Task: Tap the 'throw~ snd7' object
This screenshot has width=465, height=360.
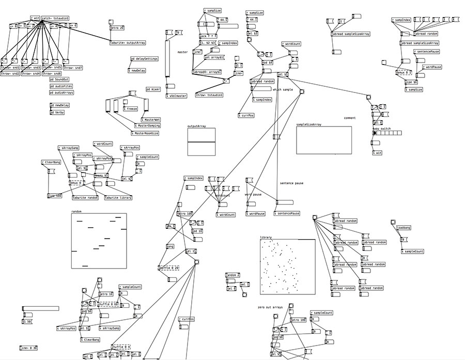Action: coord(72,68)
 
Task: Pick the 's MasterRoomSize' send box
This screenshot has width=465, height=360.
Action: coord(146,133)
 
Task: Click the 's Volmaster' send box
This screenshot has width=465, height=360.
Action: coord(176,96)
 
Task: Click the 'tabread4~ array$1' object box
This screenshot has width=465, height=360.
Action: coord(207,72)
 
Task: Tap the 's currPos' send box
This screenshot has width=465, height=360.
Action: coord(245,115)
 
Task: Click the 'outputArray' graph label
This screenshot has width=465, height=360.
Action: coord(197,126)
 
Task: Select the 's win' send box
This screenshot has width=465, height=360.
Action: coord(377,153)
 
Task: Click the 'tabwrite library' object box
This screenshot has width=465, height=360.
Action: coord(118,198)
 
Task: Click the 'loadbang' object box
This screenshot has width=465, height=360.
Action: coord(404,228)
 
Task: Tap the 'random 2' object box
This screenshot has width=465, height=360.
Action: coord(233,275)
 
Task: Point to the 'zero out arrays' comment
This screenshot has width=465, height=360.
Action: coord(270,307)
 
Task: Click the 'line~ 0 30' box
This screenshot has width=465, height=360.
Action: coord(28,348)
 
